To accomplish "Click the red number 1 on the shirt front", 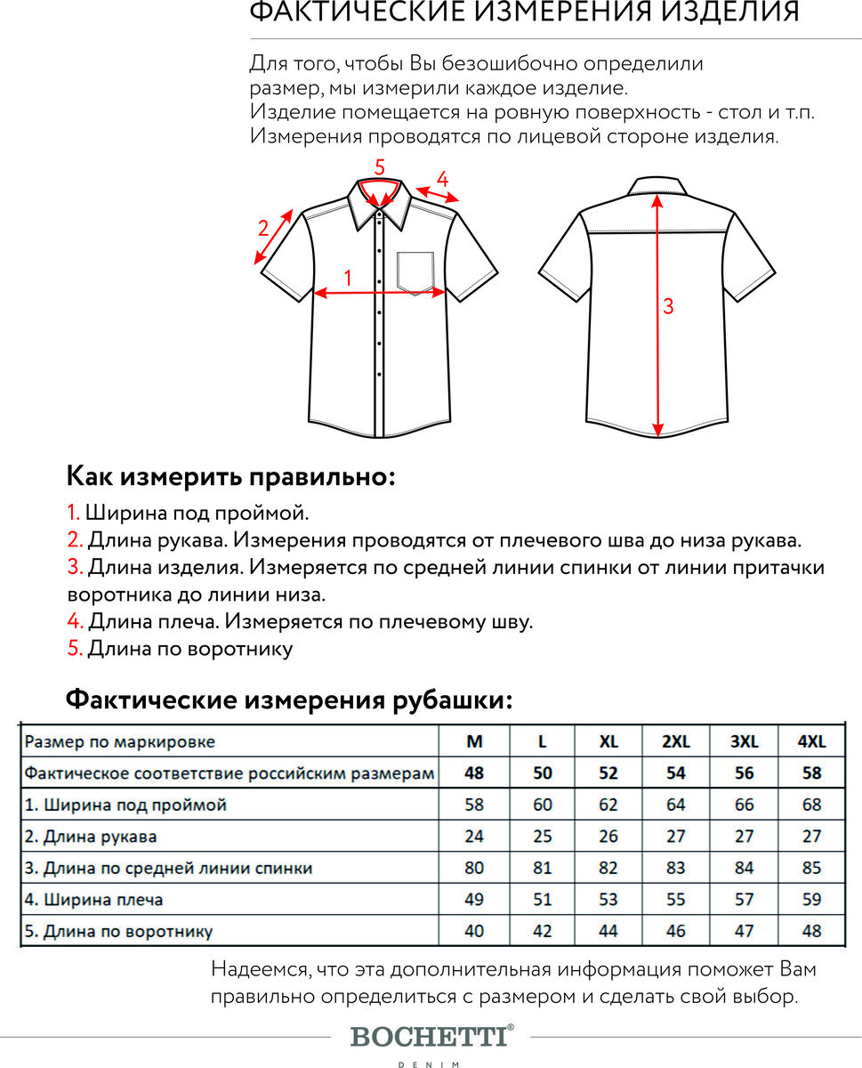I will pyautogui.click(x=348, y=278).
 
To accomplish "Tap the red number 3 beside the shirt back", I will pyautogui.click(x=668, y=306).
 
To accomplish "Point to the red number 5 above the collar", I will pyautogui.click(x=379, y=166).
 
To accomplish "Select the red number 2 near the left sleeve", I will pyautogui.click(x=263, y=227).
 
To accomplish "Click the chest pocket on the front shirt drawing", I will pyautogui.click(x=415, y=271).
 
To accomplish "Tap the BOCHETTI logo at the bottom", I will pyautogui.click(x=432, y=1036).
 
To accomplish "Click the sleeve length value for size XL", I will pyautogui.click(x=608, y=837).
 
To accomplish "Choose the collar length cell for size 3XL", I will pyautogui.click(x=744, y=931).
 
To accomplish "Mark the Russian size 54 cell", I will pyautogui.click(x=676, y=773).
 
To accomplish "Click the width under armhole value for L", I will pyautogui.click(x=542, y=805).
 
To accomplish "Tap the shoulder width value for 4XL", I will pyautogui.click(x=811, y=900).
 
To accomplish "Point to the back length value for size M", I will pyautogui.click(x=474, y=868).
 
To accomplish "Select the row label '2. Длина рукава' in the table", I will pyautogui.click(x=91, y=837).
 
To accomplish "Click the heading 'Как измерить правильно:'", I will pyautogui.click(x=230, y=476).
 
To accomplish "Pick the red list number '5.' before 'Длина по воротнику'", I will pyautogui.click(x=75, y=649).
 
